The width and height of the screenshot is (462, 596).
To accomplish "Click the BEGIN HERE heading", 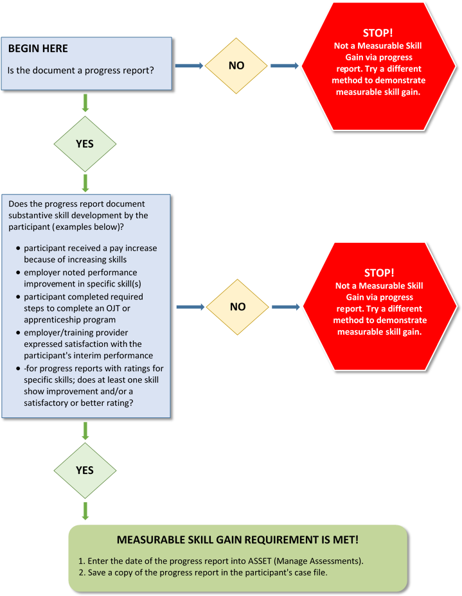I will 38,49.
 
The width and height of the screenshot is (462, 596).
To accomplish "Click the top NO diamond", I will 236,65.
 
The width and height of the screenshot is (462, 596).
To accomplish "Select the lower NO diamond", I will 238,306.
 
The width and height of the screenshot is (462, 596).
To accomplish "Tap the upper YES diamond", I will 85,144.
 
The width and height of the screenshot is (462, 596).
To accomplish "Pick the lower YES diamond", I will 85,470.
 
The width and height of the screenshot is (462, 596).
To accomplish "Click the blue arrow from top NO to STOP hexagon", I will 285,65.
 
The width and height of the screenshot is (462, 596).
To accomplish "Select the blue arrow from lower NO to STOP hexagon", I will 286,306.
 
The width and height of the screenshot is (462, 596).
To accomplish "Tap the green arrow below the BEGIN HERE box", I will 85,103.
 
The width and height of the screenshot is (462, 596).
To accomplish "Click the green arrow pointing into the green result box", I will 85,511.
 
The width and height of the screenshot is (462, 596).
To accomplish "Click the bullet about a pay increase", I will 90,253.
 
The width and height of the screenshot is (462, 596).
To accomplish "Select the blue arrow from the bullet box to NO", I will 190,306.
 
